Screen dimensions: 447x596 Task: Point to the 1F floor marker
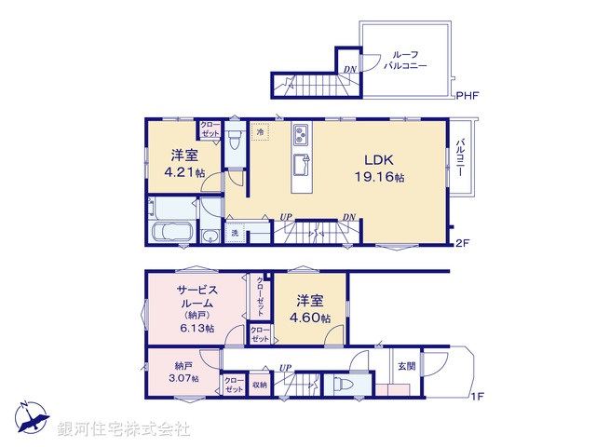point(479,398)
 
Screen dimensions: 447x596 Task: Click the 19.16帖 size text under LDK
point(385,177)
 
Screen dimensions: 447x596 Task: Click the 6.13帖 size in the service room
point(196,329)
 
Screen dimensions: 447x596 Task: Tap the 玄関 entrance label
point(407,366)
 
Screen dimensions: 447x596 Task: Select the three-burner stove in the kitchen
point(305,135)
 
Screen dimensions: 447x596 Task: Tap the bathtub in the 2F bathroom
point(170,232)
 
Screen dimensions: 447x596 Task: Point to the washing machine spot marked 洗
point(236,233)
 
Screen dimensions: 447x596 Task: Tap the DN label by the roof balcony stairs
point(349,69)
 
